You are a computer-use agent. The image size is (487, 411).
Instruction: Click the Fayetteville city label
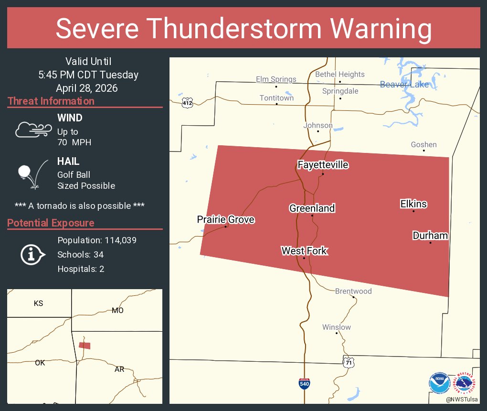323,165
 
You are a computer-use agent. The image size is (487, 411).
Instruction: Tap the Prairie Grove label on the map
226,219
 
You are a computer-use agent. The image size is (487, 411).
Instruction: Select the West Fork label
304,250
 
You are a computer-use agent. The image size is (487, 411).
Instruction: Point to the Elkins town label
413,204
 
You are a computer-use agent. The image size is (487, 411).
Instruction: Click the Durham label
430,235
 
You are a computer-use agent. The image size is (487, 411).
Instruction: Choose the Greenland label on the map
312,208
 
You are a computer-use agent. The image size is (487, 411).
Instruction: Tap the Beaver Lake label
404,85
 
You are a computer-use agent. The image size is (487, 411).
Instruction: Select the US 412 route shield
187,103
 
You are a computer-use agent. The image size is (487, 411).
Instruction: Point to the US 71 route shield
349,362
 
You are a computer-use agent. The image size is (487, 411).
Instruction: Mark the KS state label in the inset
39,303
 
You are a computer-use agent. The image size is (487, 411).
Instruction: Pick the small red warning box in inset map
85,345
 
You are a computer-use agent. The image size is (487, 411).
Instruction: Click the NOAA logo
440,382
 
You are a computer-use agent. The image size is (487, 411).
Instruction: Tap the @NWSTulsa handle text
462,399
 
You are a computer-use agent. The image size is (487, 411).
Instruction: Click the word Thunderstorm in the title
243,29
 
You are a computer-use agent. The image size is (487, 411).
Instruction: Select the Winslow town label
337,327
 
